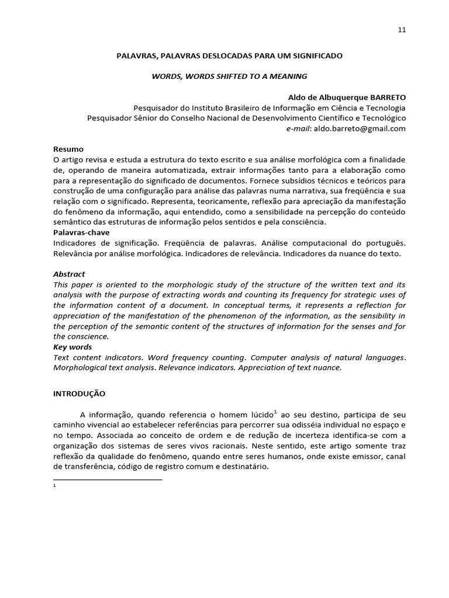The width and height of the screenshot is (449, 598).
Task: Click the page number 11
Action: point(402,30)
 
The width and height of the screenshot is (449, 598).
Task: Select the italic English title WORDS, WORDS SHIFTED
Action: point(229,76)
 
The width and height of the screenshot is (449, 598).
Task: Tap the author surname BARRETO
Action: point(385,96)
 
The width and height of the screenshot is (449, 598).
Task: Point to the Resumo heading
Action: point(68,149)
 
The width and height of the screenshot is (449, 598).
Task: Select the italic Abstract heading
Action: point(69,274)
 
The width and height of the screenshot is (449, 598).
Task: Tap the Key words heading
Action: point(72,347)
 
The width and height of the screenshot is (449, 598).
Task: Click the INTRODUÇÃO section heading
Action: point(80,394)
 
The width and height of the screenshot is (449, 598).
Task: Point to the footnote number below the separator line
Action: point(54,486)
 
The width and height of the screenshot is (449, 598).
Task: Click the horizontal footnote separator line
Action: point(108,479)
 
